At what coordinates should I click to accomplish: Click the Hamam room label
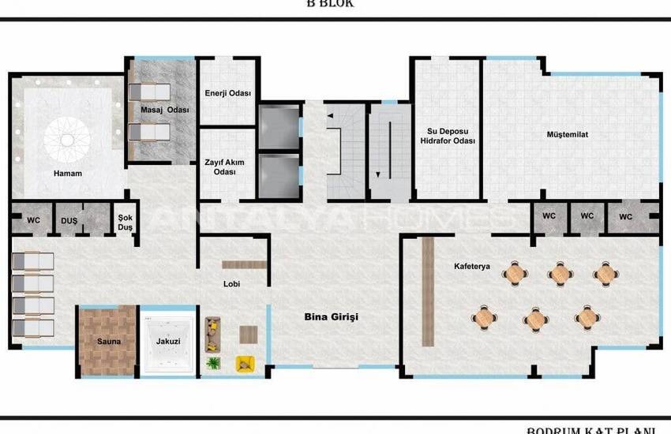pos(68,173)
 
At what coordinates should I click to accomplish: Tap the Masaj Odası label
pos(165,110)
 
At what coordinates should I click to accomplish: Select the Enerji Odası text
pos(227,93)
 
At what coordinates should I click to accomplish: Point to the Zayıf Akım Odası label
pos(225,166)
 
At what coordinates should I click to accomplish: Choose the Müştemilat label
pos(567,135)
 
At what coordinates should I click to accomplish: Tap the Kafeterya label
pos(472,266)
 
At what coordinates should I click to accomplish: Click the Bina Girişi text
pos(332,316)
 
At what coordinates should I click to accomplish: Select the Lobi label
pos(232,284)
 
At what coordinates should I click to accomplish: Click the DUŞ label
pos(69,222)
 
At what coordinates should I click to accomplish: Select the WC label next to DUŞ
pos(33,222)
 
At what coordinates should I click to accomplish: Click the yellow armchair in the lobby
pos(246,363)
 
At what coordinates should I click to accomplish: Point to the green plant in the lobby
pos(213,363)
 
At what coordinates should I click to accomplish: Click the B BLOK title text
pos(330,4)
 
